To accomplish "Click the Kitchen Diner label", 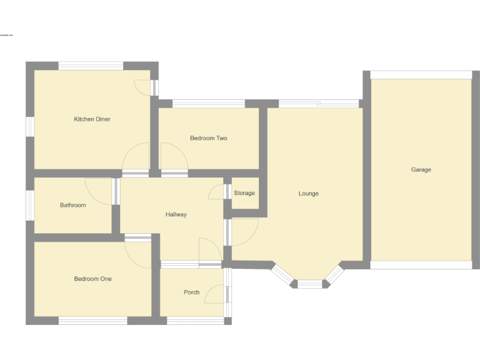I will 92,119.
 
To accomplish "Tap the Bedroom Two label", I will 208,138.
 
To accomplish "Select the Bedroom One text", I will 92,279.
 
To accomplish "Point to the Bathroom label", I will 72,205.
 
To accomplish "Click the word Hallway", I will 176,214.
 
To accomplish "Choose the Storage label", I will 244,193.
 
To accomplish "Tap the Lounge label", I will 308,194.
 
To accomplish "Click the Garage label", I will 421,169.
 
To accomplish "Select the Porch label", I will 191,292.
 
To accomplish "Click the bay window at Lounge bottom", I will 309,284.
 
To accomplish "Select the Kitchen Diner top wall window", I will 91,66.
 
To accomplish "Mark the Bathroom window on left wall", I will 30,205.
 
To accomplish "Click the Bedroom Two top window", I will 208,104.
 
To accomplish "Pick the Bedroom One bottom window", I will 92,321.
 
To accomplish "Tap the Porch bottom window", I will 195,321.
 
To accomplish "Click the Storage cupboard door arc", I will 216,192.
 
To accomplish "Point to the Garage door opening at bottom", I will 421,265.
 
